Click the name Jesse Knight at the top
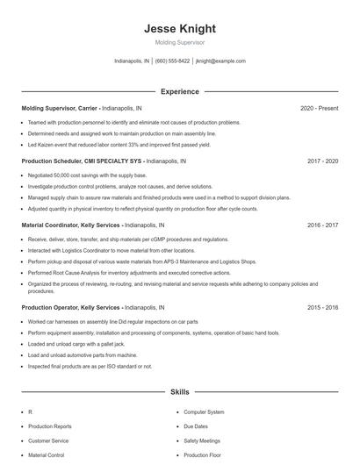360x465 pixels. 179,29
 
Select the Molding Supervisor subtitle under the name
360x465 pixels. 179,42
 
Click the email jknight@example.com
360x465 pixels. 220,61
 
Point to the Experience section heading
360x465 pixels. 179,91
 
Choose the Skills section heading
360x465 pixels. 179,393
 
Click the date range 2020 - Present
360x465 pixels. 319,108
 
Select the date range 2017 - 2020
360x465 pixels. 322,161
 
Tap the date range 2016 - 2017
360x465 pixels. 322,225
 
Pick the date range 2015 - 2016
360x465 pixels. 322,308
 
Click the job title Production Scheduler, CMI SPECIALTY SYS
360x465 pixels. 82,161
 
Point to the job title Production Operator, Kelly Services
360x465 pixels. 70,308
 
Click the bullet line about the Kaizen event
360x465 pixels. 119,144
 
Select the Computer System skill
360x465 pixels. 204,411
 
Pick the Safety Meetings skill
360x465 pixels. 202,441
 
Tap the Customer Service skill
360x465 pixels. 48,441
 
